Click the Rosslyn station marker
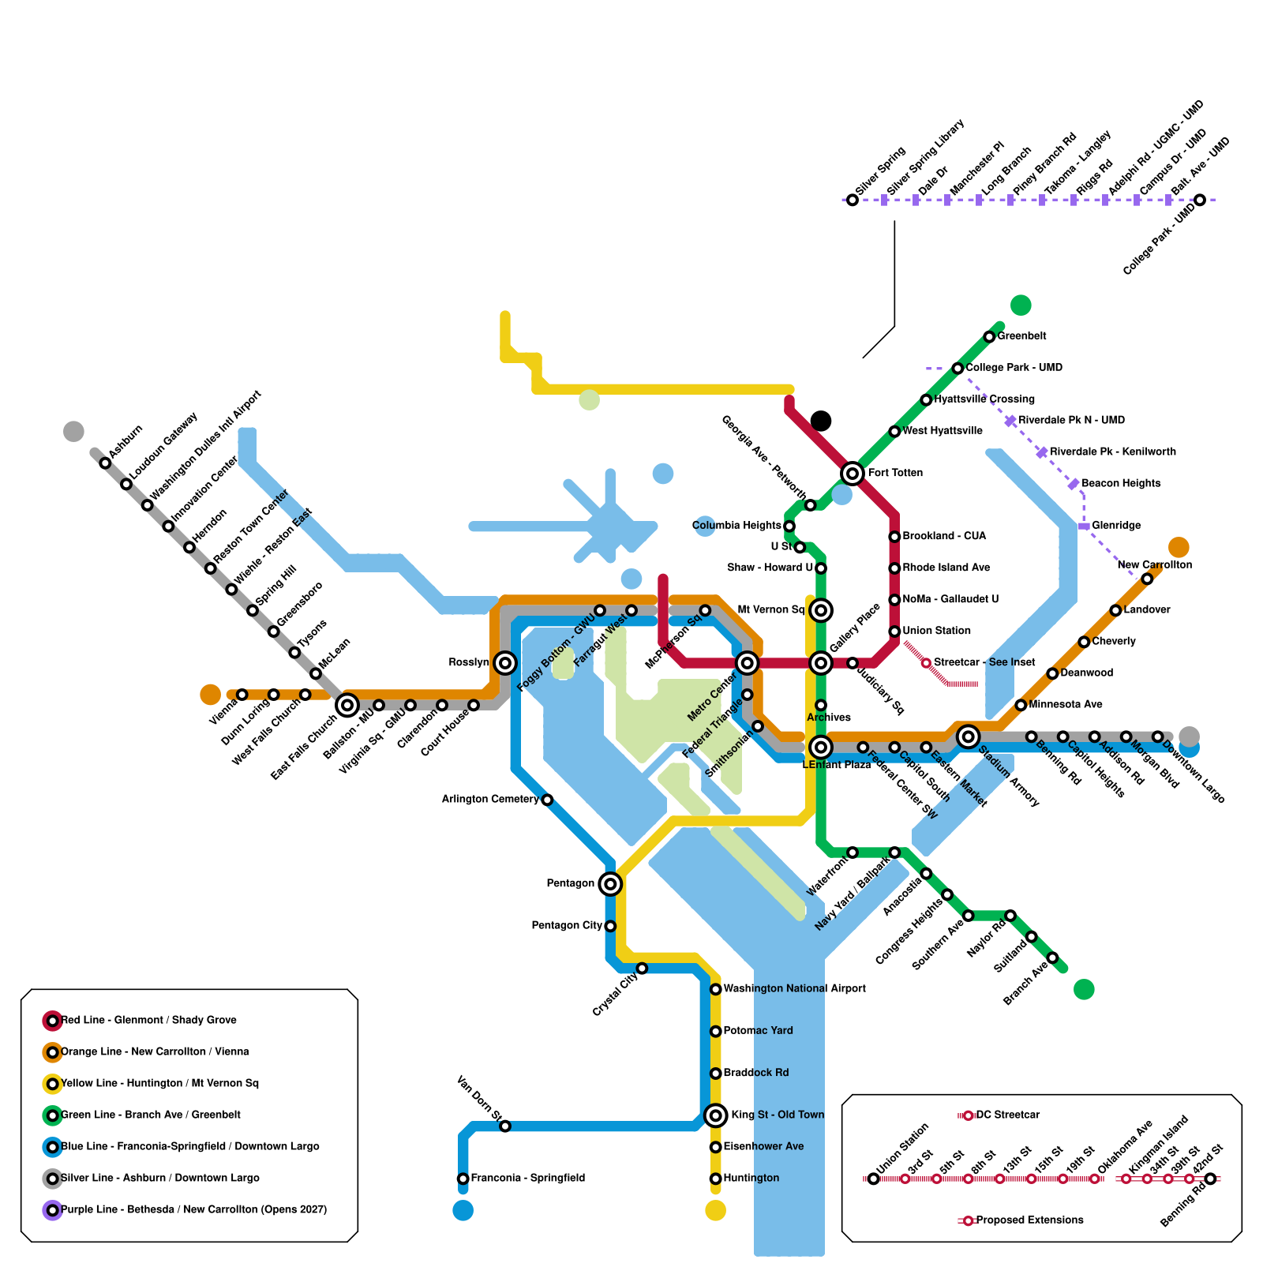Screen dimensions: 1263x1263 [x=505, y=663]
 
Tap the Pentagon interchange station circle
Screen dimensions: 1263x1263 [x=610, y=884]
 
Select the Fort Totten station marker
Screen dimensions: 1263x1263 [x=853, y=474]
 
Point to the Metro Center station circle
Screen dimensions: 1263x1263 [x=747, y=663]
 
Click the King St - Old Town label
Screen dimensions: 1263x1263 [x=778, y=1115]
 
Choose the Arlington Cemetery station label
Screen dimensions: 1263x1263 [x=490, y=800]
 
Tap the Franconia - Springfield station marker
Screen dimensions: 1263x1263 [x=463, y=1179]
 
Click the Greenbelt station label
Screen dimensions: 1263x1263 [x=1021, y=336]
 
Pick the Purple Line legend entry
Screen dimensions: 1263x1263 [x=193, y=1210]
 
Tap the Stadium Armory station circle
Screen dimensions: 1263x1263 [x=969, y=736]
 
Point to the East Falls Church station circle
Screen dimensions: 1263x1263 [x=347, y=705]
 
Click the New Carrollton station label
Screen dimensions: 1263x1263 [x=1154, y=565]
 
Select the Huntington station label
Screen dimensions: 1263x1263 [x=751, y=1179]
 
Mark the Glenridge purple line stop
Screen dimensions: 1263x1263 [x=1084, y=526]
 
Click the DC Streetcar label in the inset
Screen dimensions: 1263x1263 [x=1007, y=1115]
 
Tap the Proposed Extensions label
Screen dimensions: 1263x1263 [x=1029, y=1220]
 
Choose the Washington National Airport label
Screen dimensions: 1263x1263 [x=794, y=989]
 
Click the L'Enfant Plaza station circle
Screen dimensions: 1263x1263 [x=821, y=747]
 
